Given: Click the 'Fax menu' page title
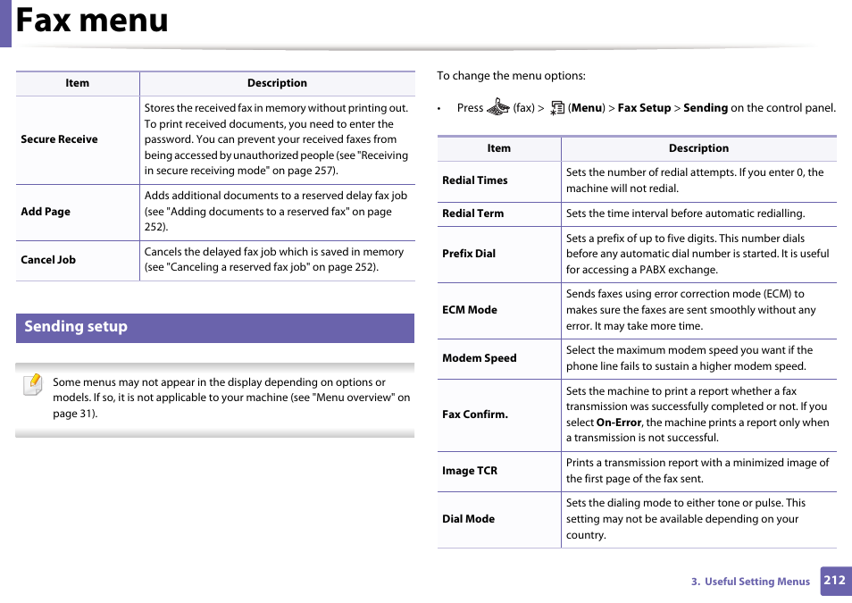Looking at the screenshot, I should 92,21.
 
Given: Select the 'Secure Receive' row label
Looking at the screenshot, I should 59,139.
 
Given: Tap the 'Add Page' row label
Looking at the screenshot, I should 46,212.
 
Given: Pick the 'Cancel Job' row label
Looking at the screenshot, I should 48,260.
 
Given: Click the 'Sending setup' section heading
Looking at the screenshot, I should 76,327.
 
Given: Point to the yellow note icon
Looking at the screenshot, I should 33,385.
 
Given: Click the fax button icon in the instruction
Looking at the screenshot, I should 497,108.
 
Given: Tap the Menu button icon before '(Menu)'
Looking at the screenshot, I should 557,108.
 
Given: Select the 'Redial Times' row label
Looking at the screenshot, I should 474,180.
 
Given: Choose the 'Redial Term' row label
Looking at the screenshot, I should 472,214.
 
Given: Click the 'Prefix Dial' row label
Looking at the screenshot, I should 469,254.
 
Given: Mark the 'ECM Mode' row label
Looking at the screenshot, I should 470,310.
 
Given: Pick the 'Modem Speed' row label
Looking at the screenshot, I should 480,358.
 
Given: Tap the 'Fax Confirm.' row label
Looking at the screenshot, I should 475,415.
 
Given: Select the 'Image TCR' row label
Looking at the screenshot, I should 470,471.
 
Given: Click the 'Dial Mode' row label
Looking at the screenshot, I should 468,519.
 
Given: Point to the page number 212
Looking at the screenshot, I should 835,581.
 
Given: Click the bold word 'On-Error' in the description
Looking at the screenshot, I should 618,423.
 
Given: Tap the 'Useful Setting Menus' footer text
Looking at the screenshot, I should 756,582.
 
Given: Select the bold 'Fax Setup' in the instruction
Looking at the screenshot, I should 644,108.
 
